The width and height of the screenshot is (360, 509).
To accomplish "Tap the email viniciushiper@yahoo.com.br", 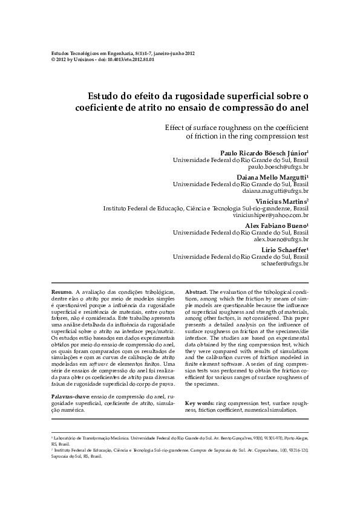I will coord(270,215).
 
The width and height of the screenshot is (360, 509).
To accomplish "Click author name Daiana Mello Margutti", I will coord(273,177).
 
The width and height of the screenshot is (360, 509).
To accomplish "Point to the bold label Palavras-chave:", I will coord(70,396).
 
